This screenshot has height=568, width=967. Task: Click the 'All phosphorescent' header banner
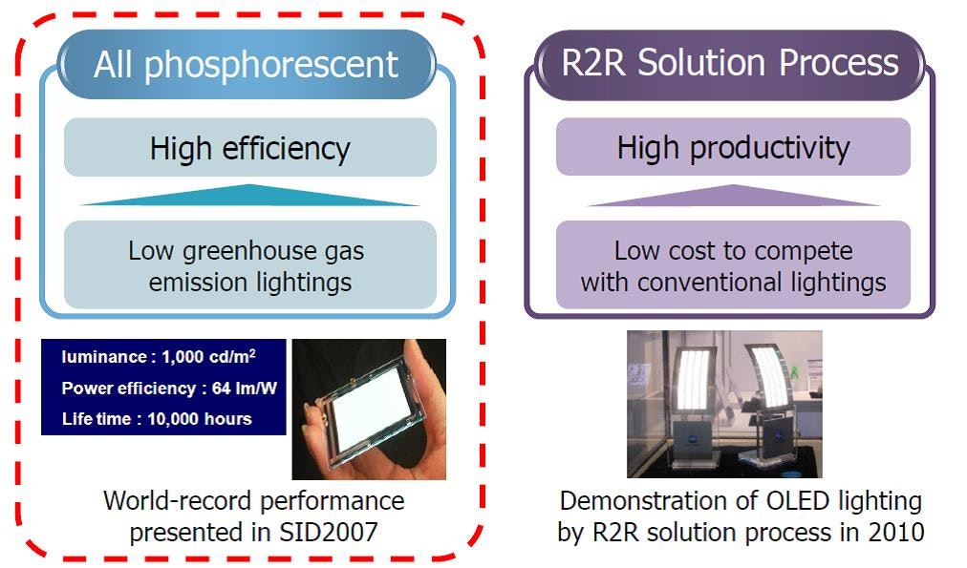coord(247,64)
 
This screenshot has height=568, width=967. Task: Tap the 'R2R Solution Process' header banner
coord(730,64)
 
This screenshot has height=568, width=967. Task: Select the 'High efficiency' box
coord(249,148)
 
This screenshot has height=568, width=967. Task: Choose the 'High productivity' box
coord(733,148)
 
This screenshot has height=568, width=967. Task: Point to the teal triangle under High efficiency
coord(249,197)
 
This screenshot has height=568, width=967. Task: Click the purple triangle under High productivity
coord(733,197)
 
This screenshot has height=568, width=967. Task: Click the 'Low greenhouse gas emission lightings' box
coord(249,266)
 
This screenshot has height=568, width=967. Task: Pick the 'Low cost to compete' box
coord(733,266)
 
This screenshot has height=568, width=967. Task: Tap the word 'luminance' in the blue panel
coord(99,358)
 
